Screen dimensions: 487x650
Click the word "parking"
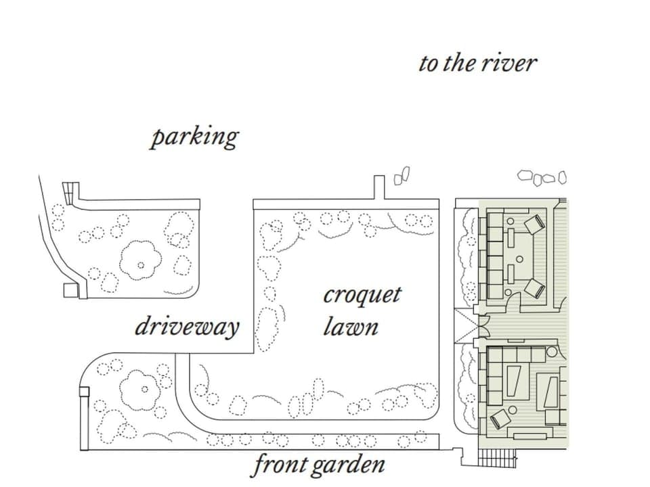coord(194,137)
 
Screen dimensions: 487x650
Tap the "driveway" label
coord(187,327)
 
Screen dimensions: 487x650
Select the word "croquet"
coord(362,296)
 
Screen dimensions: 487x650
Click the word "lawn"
coord(350,328)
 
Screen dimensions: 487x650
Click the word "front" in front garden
coord(279,465)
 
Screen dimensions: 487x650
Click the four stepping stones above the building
coord(542,178)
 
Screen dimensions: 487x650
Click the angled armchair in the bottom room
coord(500,418)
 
